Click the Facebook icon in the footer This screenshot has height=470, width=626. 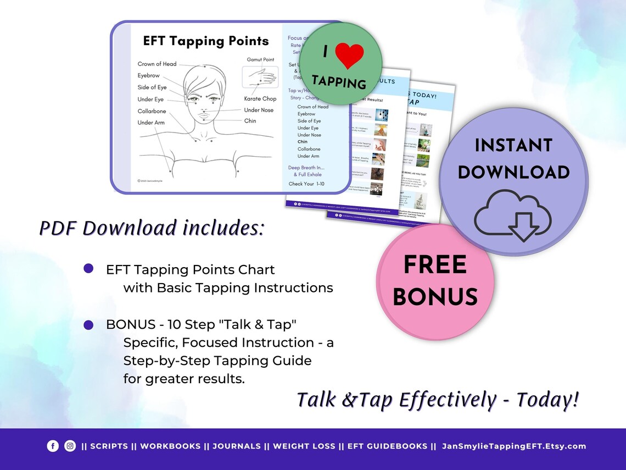(53, 446)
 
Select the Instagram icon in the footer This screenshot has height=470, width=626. (70, 446)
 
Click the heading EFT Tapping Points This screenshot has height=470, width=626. (206, 41)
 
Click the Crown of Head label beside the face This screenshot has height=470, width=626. (157, 64)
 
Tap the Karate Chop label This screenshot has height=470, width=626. (260, 99)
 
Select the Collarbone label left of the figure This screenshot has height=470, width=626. (152, 111)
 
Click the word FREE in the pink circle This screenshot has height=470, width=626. (435, 266)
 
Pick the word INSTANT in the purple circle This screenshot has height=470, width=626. (513, 146)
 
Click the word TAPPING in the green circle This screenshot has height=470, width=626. (338, 82)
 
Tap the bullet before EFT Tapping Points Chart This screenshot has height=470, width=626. (88, 268)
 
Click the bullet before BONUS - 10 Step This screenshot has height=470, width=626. (88, 325)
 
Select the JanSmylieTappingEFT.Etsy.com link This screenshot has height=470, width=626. (514, 446)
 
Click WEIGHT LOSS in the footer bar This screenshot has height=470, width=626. (304, 446)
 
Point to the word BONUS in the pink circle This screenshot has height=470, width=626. (435, 297)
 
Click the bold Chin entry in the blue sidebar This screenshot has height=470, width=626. (303, 142)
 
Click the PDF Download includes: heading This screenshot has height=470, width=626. (152, 228)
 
